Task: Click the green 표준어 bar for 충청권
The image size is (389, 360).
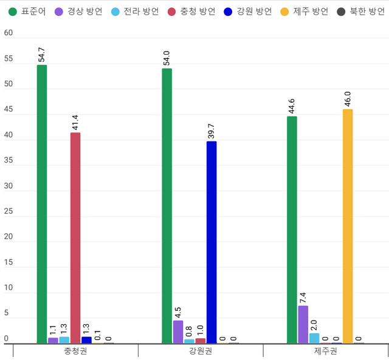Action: click(x=41, y=203)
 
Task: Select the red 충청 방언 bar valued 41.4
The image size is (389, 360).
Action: click(x=75, y=237)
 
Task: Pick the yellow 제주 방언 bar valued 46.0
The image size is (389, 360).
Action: click(x=347, y=226)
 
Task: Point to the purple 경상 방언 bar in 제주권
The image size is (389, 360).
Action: click(x=303, y=324)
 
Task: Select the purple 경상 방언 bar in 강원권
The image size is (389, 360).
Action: click(x=177, y=331)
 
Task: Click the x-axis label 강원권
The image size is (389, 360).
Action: click(x=200, y=352)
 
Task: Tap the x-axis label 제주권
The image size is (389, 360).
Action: click(x=325, y=352)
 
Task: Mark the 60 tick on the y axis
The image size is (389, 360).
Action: click(x=9, y=33)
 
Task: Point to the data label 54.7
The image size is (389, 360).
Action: click(x=42, y=55)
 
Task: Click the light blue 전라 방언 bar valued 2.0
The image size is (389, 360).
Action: click(x=314, y=338)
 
